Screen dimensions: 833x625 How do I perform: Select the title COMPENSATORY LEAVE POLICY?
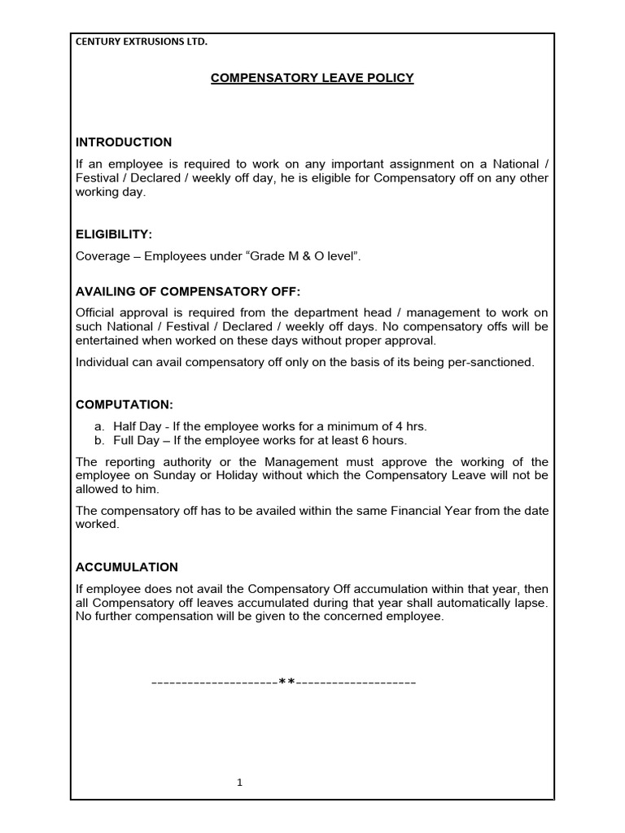[312, 78]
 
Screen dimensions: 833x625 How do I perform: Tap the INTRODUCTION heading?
[124, 142]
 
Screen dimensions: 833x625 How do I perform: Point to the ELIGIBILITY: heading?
[114, 234]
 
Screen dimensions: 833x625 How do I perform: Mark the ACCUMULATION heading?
[127, 567]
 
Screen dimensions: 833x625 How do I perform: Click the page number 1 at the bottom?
[240, 783]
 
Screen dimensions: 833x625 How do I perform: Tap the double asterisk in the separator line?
[286, 682]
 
